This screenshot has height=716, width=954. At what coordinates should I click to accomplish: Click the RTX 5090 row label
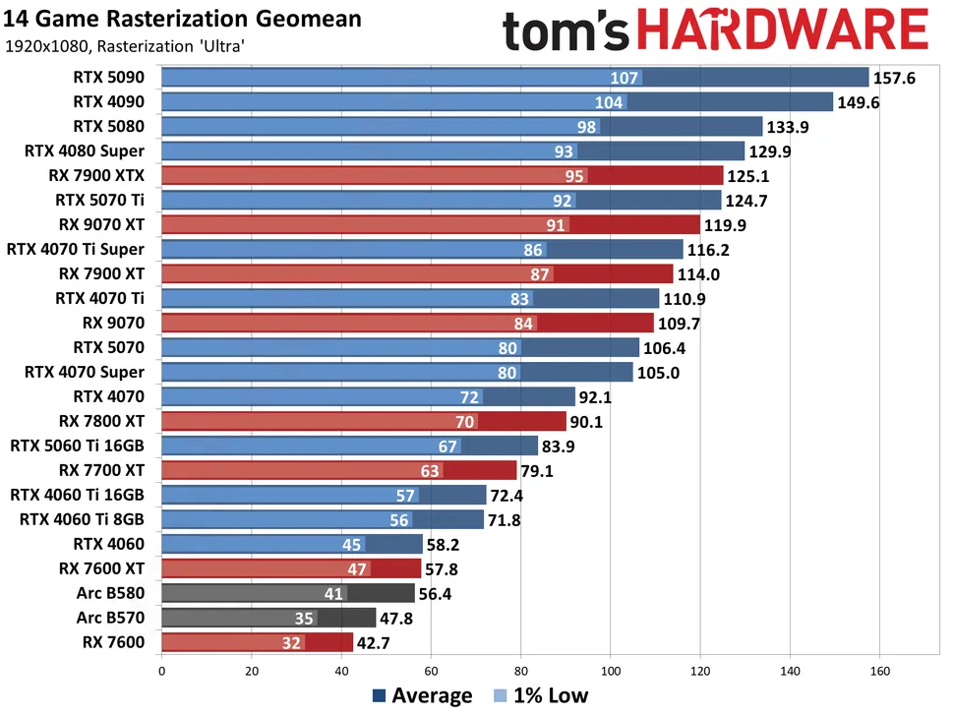coord(108,78)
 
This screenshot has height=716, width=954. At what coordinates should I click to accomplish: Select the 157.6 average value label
coord(894,78)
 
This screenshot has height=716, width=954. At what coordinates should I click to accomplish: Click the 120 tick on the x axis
coord(700,673)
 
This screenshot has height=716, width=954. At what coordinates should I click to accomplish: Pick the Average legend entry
coord(423,696)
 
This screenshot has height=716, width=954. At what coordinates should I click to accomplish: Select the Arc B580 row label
coord(110,594)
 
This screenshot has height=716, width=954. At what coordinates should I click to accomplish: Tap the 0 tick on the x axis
coord(161,673)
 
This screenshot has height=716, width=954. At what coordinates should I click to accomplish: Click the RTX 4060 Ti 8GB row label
coord(82,520)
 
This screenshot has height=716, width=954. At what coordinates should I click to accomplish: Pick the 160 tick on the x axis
coord(879,673)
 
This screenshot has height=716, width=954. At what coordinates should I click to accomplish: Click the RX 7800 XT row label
coord(102,422)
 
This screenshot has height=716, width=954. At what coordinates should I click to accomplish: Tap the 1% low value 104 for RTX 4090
coord(610,102)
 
